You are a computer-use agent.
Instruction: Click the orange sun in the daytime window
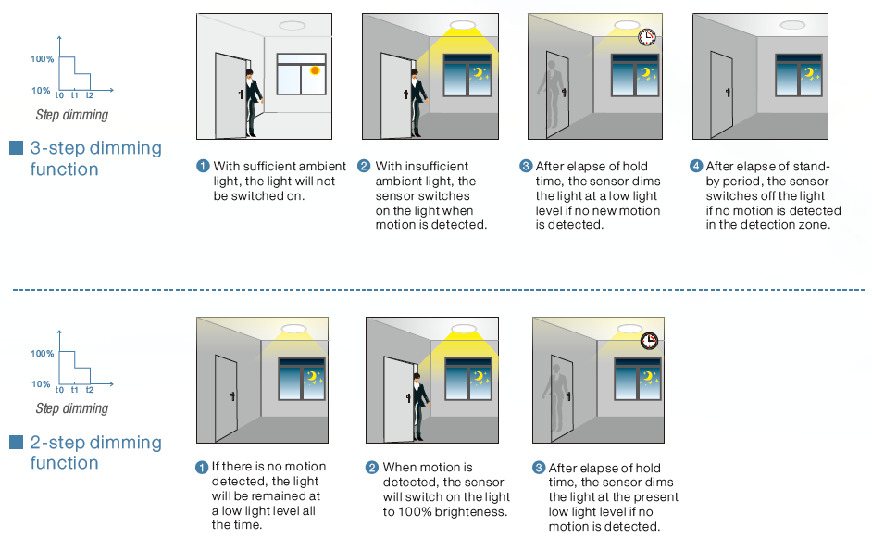coord(315,70)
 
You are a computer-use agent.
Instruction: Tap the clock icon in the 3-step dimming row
coord(646,37)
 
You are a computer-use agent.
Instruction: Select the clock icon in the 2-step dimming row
coord(649,341)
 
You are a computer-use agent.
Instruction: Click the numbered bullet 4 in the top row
coord(696,166)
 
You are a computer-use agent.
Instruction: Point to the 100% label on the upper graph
coord(43,59)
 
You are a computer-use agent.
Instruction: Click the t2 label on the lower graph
coord(90,389)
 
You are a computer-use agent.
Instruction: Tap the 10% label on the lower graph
coord(41,383)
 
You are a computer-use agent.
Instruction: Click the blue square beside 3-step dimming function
coord(16,147)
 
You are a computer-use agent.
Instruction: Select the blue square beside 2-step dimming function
coord(16,442)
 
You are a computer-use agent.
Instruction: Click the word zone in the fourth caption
coord(814,225)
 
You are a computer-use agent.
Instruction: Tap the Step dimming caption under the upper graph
coord(71,115)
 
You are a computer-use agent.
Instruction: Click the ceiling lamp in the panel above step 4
coord(792,25)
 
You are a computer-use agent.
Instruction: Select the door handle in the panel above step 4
coord(728,93)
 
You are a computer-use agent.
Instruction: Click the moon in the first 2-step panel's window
coord(312,377)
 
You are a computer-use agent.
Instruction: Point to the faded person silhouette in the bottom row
coord(555,394)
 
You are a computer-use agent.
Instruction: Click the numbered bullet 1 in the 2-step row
coord(201,468)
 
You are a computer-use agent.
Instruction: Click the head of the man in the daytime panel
coord(250,74)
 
